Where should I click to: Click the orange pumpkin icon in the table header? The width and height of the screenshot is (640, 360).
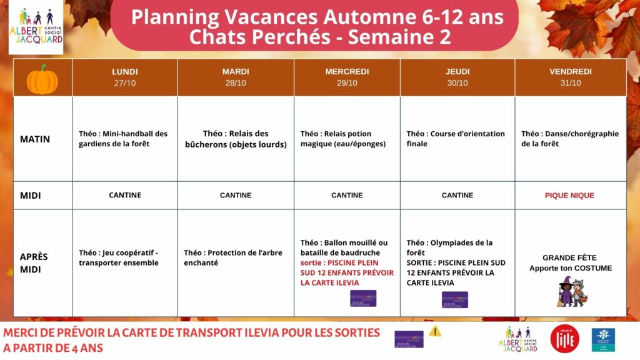(x=42, y=79)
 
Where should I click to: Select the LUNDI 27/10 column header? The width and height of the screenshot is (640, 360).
(x=125, y=77)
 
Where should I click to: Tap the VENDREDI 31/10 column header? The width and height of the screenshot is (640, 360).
(x=570, y=77)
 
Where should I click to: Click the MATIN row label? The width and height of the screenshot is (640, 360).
(x=35, y=139)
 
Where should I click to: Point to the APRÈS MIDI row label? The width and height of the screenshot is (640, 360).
(x=34, y=262)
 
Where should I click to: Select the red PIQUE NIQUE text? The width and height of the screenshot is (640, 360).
(x=569, y=196)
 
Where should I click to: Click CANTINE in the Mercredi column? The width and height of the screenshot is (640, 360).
(x=347, y=196)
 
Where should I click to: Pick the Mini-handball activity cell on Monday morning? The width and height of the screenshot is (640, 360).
(x=124, y=139)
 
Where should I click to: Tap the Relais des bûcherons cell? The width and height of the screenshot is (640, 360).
(x=236, y=139)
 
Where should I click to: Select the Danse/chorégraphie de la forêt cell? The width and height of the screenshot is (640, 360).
(x=569, y=139)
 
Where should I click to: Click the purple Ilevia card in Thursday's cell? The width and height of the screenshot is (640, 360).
(x=455, y=299)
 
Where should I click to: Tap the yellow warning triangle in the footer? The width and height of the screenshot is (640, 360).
(x=435, y=331)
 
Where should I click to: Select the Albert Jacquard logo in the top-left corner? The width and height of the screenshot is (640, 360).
(x=36, y=26)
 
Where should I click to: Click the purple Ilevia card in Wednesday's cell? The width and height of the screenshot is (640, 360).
(x=363, y=298)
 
